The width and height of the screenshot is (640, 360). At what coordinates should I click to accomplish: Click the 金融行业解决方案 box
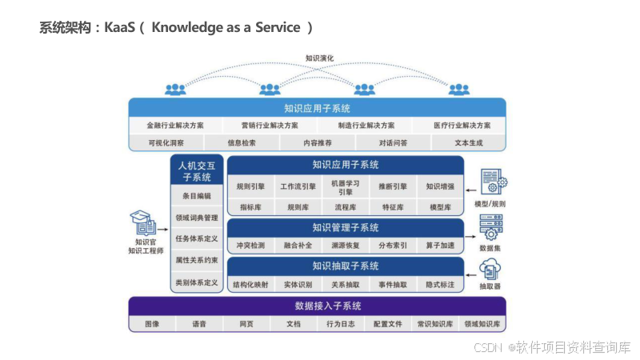[x=175, y=126]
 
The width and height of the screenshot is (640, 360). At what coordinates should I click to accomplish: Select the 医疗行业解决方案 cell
[x=463, y=126]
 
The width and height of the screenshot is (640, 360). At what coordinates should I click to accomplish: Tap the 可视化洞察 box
[x=166, y=143]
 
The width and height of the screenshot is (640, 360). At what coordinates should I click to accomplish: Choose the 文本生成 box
[x=469, y=143]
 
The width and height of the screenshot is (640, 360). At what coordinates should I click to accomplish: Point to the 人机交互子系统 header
[x=197, y=171]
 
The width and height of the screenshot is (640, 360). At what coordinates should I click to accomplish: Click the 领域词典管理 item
[x=197, y=217]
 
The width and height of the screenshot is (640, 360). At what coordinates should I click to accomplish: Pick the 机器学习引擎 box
[x=346, y=187]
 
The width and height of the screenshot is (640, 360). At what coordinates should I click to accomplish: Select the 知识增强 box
[x=440, y=186]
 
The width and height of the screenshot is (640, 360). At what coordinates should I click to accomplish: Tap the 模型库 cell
[x=440, y=207]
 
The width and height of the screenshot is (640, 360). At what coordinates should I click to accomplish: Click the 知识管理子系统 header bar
[x=346, y=227]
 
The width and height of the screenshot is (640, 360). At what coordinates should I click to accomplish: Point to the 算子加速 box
[x=440, y=246]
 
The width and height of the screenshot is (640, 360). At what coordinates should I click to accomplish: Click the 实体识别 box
[x=298, y=285]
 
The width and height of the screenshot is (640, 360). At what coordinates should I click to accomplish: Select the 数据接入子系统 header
[x=317, y=306]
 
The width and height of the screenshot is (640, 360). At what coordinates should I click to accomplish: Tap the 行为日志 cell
[x=340, y=324]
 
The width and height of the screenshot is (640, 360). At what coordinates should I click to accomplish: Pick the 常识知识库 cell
[x=434, y=324]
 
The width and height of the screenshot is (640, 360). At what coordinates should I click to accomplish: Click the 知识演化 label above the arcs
[x=319, y=58]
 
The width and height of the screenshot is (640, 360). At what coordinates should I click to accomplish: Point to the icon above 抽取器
[x=490, y=268]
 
